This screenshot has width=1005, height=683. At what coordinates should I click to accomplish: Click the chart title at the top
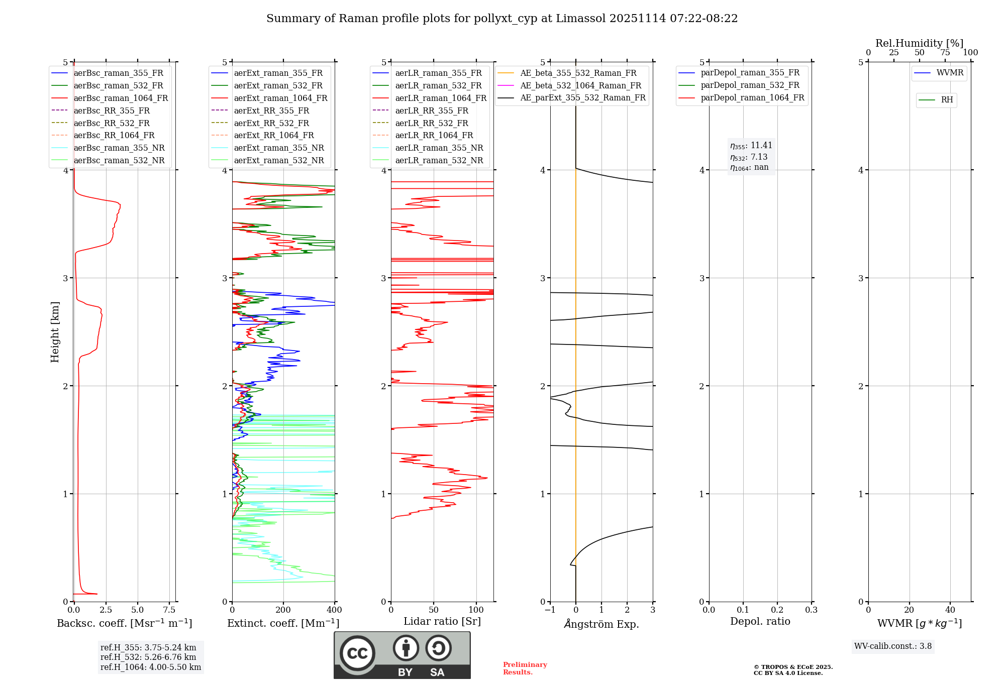tap(502, 19)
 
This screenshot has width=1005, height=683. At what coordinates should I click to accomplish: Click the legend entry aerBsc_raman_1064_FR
tap(121, 98)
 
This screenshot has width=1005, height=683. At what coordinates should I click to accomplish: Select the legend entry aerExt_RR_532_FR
tap(271, 124)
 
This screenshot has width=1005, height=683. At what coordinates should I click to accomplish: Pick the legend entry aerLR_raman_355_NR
tap(439, 148)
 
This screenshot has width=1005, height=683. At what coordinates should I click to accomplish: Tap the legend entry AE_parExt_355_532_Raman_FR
tap(582, 98)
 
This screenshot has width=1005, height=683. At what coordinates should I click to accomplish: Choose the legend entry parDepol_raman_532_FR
tap(750, 85)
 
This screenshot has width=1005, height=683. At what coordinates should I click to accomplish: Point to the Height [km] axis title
tap(55, 332)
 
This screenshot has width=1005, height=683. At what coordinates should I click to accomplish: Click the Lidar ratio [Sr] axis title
tap(442, 622)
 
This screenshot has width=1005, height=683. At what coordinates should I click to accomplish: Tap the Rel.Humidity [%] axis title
tap(919, 43)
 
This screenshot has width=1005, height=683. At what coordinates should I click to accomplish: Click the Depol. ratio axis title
tap(760, 622)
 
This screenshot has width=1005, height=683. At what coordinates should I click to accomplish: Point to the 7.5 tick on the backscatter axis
tap(169, 610)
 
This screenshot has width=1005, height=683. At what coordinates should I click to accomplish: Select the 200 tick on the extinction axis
tap(283, 610)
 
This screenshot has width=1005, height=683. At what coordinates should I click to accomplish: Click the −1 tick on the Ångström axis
tap(550, 610)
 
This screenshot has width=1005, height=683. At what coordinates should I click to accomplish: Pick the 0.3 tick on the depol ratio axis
tap(811, 610)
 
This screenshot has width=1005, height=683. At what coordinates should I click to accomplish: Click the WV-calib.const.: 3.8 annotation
tap(892, 646)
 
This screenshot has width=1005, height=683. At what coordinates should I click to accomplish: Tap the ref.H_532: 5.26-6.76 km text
tap(148, 657)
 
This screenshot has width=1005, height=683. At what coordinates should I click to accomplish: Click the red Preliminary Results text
tap(525, 668)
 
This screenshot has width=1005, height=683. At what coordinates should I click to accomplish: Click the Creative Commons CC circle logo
tap(357, 653)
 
